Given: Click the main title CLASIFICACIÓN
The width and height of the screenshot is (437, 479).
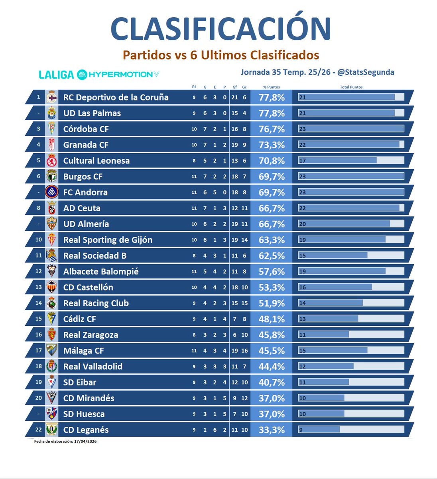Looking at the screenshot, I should click(x=220, y=29).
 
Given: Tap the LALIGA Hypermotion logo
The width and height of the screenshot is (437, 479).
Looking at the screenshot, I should click(x=99, y=74).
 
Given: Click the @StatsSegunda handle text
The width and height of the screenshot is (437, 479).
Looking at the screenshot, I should click(x=366, y=72).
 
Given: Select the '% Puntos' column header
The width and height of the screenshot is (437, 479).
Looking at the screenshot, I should click(x=272, y=87).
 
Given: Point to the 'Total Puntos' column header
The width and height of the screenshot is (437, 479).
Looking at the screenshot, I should click(x=351, y=87).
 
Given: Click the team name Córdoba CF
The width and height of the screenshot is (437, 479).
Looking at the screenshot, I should click(x=86, y=129).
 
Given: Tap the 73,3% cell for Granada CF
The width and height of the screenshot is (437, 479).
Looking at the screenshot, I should click(x=272, y=145).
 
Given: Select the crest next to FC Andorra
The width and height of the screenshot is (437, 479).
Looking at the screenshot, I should click(x=51, y=192).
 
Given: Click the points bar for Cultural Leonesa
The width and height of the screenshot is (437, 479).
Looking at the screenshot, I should click(x=351, y=160).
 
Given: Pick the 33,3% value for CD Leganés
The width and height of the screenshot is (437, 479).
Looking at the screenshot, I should click(x=272, y=430).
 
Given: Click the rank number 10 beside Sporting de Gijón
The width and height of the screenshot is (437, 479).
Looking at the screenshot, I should click(x=38, y=240).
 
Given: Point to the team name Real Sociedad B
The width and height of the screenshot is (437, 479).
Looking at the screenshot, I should click(x=94, y=256).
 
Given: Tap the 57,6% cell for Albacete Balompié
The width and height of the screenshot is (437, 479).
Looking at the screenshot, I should click(x=272, y=272).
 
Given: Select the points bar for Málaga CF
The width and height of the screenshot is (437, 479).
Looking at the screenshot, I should click(x=351, y=350).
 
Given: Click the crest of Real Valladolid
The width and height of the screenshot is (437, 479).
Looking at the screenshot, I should click(x=51, y=366).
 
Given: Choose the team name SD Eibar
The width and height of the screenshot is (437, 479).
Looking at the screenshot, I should click(x=80, y=382).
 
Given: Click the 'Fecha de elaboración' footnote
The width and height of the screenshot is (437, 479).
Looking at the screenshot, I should click(x=65, y=441).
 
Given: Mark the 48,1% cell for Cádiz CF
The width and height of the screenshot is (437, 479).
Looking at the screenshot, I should click(x=272, y=319).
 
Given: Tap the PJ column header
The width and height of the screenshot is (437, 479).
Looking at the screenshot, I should click(x=194, y=87).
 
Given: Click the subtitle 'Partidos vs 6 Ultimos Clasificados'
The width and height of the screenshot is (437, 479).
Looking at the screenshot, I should click(x=220, y=55).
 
